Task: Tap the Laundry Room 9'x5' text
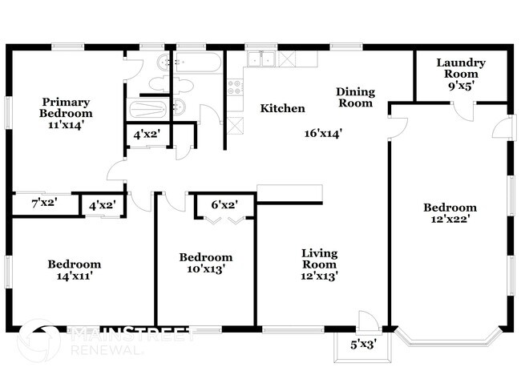point(461,75)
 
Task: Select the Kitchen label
point(282,108)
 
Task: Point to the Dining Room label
point(354,97)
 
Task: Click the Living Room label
point(319,264)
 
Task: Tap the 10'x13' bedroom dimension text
point(206,269)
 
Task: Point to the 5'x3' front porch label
point(362,345)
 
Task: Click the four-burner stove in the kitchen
point(235,88)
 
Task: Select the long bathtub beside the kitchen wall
point(198,62)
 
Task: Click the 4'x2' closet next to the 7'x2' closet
point(103,205)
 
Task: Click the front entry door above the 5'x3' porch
point(369,321)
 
